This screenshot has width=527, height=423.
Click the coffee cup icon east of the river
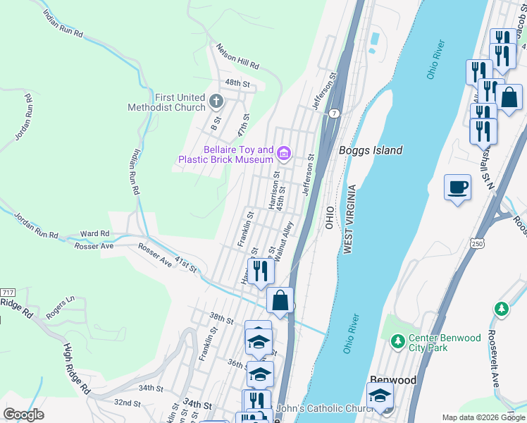[457, 188]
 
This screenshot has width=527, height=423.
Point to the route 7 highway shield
[333, 114]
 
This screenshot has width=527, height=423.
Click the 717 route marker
[8, 293]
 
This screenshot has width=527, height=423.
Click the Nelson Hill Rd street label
[237, 58]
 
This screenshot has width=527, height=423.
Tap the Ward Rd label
[95, 233]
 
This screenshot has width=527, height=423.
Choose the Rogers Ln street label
[60, 307]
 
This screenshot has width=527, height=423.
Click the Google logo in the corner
[24, 415]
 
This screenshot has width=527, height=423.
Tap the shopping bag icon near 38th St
[280, 300]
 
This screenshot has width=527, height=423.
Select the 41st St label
[186, 265]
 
